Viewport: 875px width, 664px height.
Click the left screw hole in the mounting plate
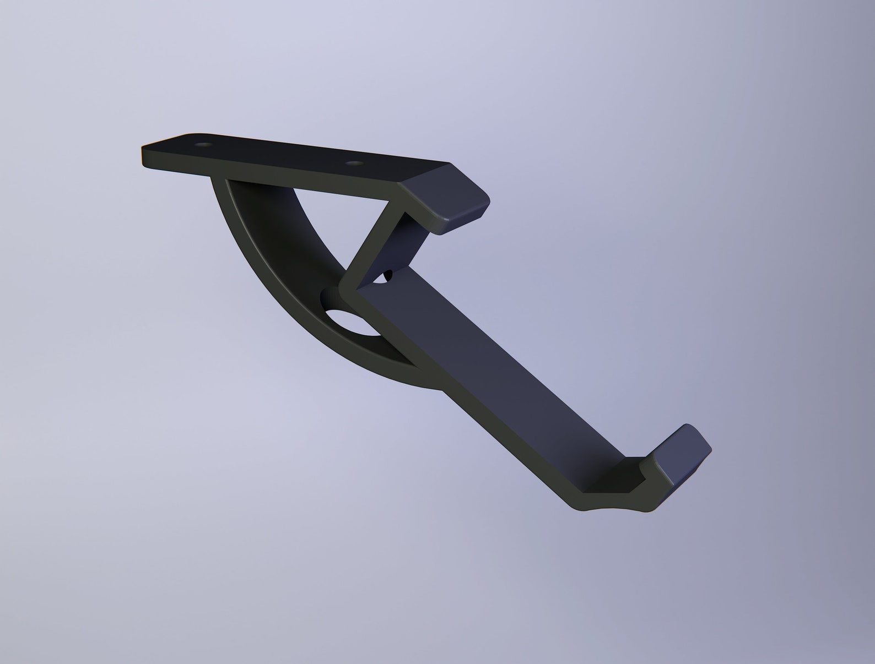point(204,145)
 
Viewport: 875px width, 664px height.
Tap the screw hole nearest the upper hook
point(354,164)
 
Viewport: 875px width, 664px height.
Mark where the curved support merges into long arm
point(419,374)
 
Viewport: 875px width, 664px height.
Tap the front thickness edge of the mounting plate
point(287,176)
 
